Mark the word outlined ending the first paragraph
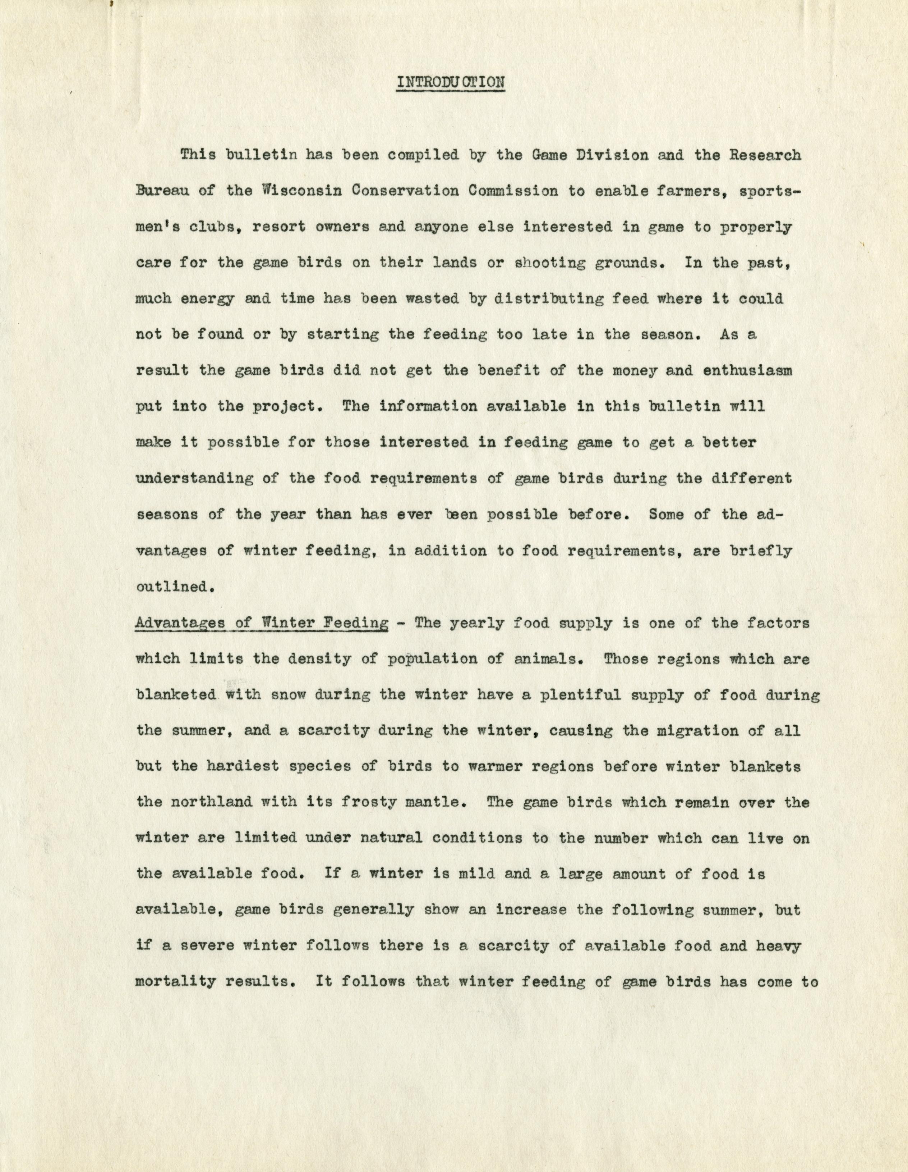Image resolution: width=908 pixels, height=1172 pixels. click(x=172, y=587)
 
